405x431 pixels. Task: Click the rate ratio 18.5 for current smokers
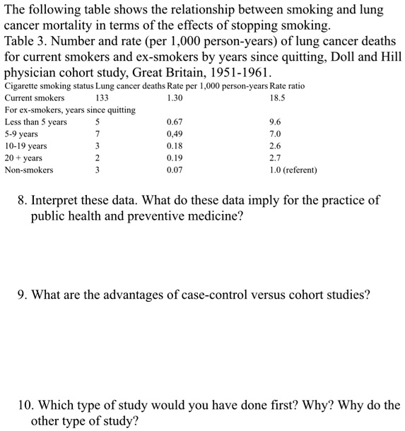click(277, 98)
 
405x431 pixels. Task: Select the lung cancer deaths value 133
click(102, 98)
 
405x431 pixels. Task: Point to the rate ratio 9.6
click(276, 122)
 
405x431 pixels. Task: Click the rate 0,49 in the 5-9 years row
click(175, 134)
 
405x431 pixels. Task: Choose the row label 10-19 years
click(25, 146)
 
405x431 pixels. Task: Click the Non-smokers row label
click(28, 170)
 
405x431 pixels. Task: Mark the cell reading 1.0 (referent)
click(293, 170)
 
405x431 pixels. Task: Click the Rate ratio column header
click(287, 85)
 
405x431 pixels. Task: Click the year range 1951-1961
click(234, 72)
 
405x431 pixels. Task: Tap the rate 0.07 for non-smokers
click(175, 170)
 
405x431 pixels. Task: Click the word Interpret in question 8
click(61, 200)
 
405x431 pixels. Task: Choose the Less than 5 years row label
click(36, 122)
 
